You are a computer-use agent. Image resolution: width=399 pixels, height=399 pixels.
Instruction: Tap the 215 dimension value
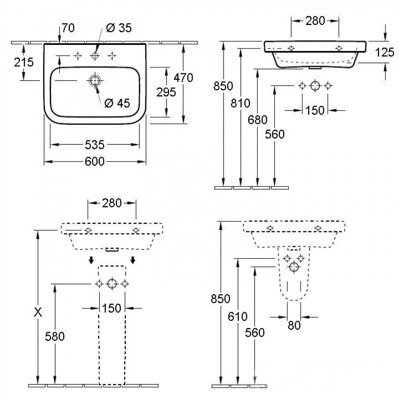[23, 62]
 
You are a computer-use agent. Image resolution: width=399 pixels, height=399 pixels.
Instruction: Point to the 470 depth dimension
[184, 77]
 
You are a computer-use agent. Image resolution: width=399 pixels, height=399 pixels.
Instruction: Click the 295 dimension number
[166, 92]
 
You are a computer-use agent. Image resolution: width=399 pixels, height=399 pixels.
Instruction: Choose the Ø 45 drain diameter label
[117, 103]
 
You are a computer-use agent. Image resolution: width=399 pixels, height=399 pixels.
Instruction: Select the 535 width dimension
[94, 145]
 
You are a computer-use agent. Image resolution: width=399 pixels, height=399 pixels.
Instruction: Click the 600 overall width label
[94, 162]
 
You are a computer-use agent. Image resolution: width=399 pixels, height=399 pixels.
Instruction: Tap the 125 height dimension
[385, 52]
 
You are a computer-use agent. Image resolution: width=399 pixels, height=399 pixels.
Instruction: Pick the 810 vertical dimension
[241, 103]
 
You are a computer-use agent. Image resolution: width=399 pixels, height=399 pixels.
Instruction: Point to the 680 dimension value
[257, 120]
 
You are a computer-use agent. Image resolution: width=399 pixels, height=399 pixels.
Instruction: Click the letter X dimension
[37, 312]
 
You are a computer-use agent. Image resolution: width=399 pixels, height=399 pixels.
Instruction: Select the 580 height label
[54, 336]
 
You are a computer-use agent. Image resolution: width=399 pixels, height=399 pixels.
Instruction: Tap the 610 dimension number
[237, 316]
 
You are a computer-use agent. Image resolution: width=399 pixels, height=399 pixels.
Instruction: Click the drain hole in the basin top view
[94, 80]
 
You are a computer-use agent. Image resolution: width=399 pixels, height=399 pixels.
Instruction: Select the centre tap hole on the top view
[95, 56]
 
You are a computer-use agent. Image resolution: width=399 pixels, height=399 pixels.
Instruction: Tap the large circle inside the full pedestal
[112, 284]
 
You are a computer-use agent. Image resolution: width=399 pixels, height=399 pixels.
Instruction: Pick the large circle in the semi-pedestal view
[294, 267]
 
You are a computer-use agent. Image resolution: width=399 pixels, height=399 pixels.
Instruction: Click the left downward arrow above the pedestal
[91, 260]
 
